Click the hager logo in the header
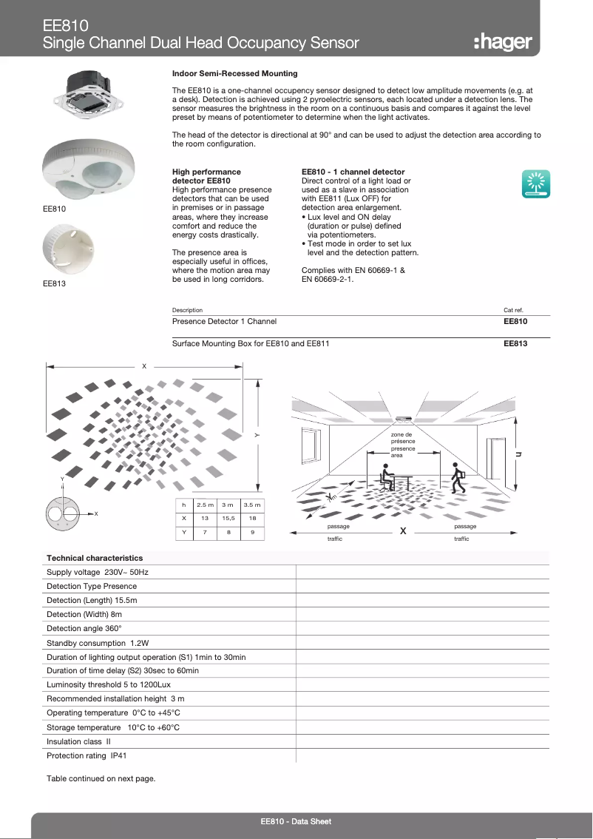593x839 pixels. (x=502, y=42)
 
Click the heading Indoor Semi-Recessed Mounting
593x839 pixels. (x=234, y=74)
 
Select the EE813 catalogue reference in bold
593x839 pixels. (x=515, y=344)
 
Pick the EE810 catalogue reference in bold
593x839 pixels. (x=515, y=322)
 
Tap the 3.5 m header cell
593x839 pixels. (x=253, y=504)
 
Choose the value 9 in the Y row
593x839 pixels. (x=253, y=532)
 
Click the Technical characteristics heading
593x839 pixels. (x=95, y=558)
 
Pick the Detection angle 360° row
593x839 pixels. (x=84, y=627)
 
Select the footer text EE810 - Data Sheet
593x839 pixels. (x=296, y=822)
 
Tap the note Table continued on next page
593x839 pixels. (x=101, y=778)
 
